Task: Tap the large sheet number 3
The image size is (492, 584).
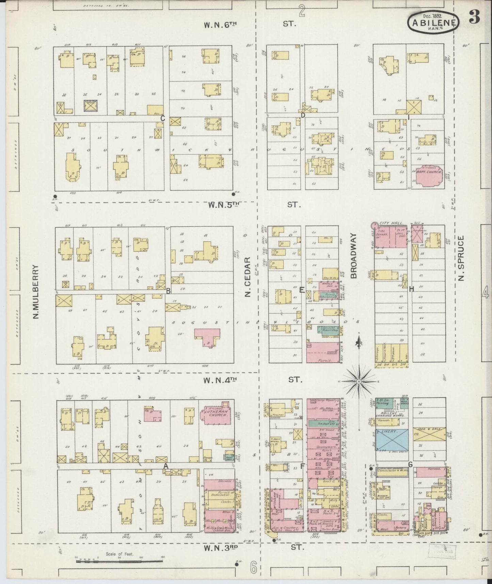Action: pos(474,18)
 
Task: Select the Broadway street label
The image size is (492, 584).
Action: pos(354,256)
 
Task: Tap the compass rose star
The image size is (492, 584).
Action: pos(359,382)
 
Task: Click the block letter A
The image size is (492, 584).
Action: pos(166,465)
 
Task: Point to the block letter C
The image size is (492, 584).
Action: pos(163,118)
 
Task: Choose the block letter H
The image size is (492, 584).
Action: pos(411,289)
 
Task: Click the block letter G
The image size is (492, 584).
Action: pos(410,465)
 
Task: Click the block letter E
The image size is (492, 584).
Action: pos(301,290)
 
